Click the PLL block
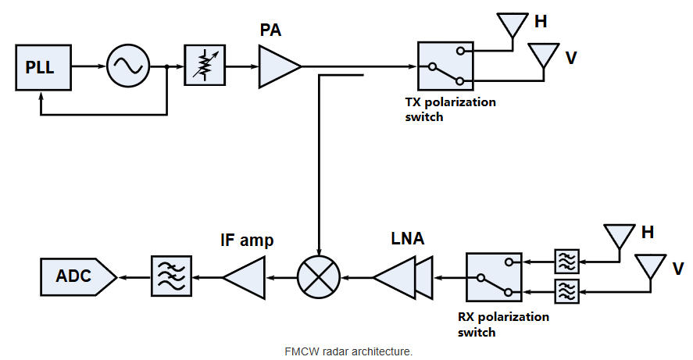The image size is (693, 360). pyautogui.click(x=39, y=67)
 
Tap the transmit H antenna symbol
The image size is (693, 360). pyautogui.click(x=513, y=26)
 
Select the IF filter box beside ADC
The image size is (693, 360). pyautogui.click(x=171, y=276)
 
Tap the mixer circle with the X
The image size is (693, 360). pyautogui.click(x=318, y=276)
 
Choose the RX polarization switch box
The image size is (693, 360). pyautogui.click(x=494, y=276)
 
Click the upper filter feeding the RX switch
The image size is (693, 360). pyautogui.click(x=566, y=261)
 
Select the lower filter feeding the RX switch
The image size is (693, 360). pyautogui.click(x=566, y=291)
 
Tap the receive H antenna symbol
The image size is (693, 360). pyautogui.click(x=620, y=236)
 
